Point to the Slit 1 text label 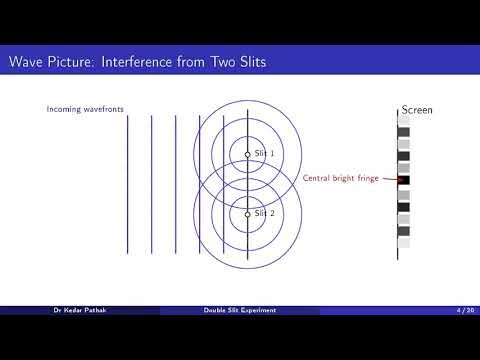(264, 153)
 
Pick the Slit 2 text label (264, 213)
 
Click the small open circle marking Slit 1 (248, 154)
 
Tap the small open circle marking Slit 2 (248, 214)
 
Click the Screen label (416, 109)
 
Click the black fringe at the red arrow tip (404, 181)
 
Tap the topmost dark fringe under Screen (404, 131)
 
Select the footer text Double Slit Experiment (239, 310)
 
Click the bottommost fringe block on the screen (404, 243)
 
